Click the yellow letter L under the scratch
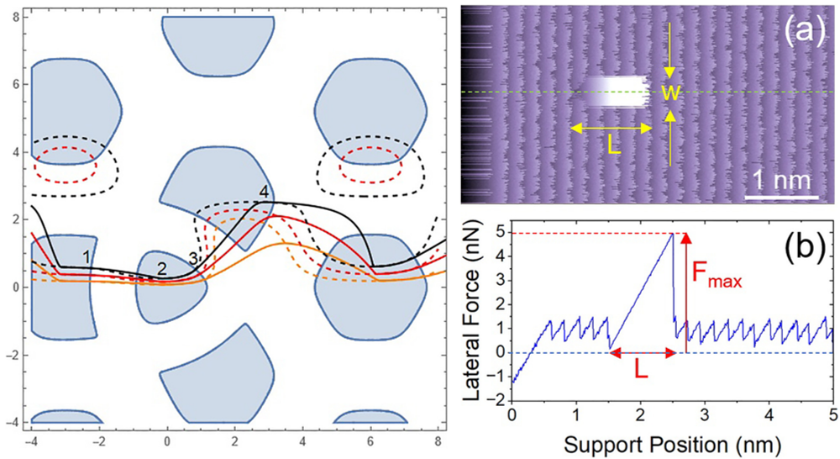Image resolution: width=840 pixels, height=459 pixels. [611, 150]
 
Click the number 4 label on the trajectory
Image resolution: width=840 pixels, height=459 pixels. [264, 193]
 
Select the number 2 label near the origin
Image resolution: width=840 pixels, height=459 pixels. [162, 269]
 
